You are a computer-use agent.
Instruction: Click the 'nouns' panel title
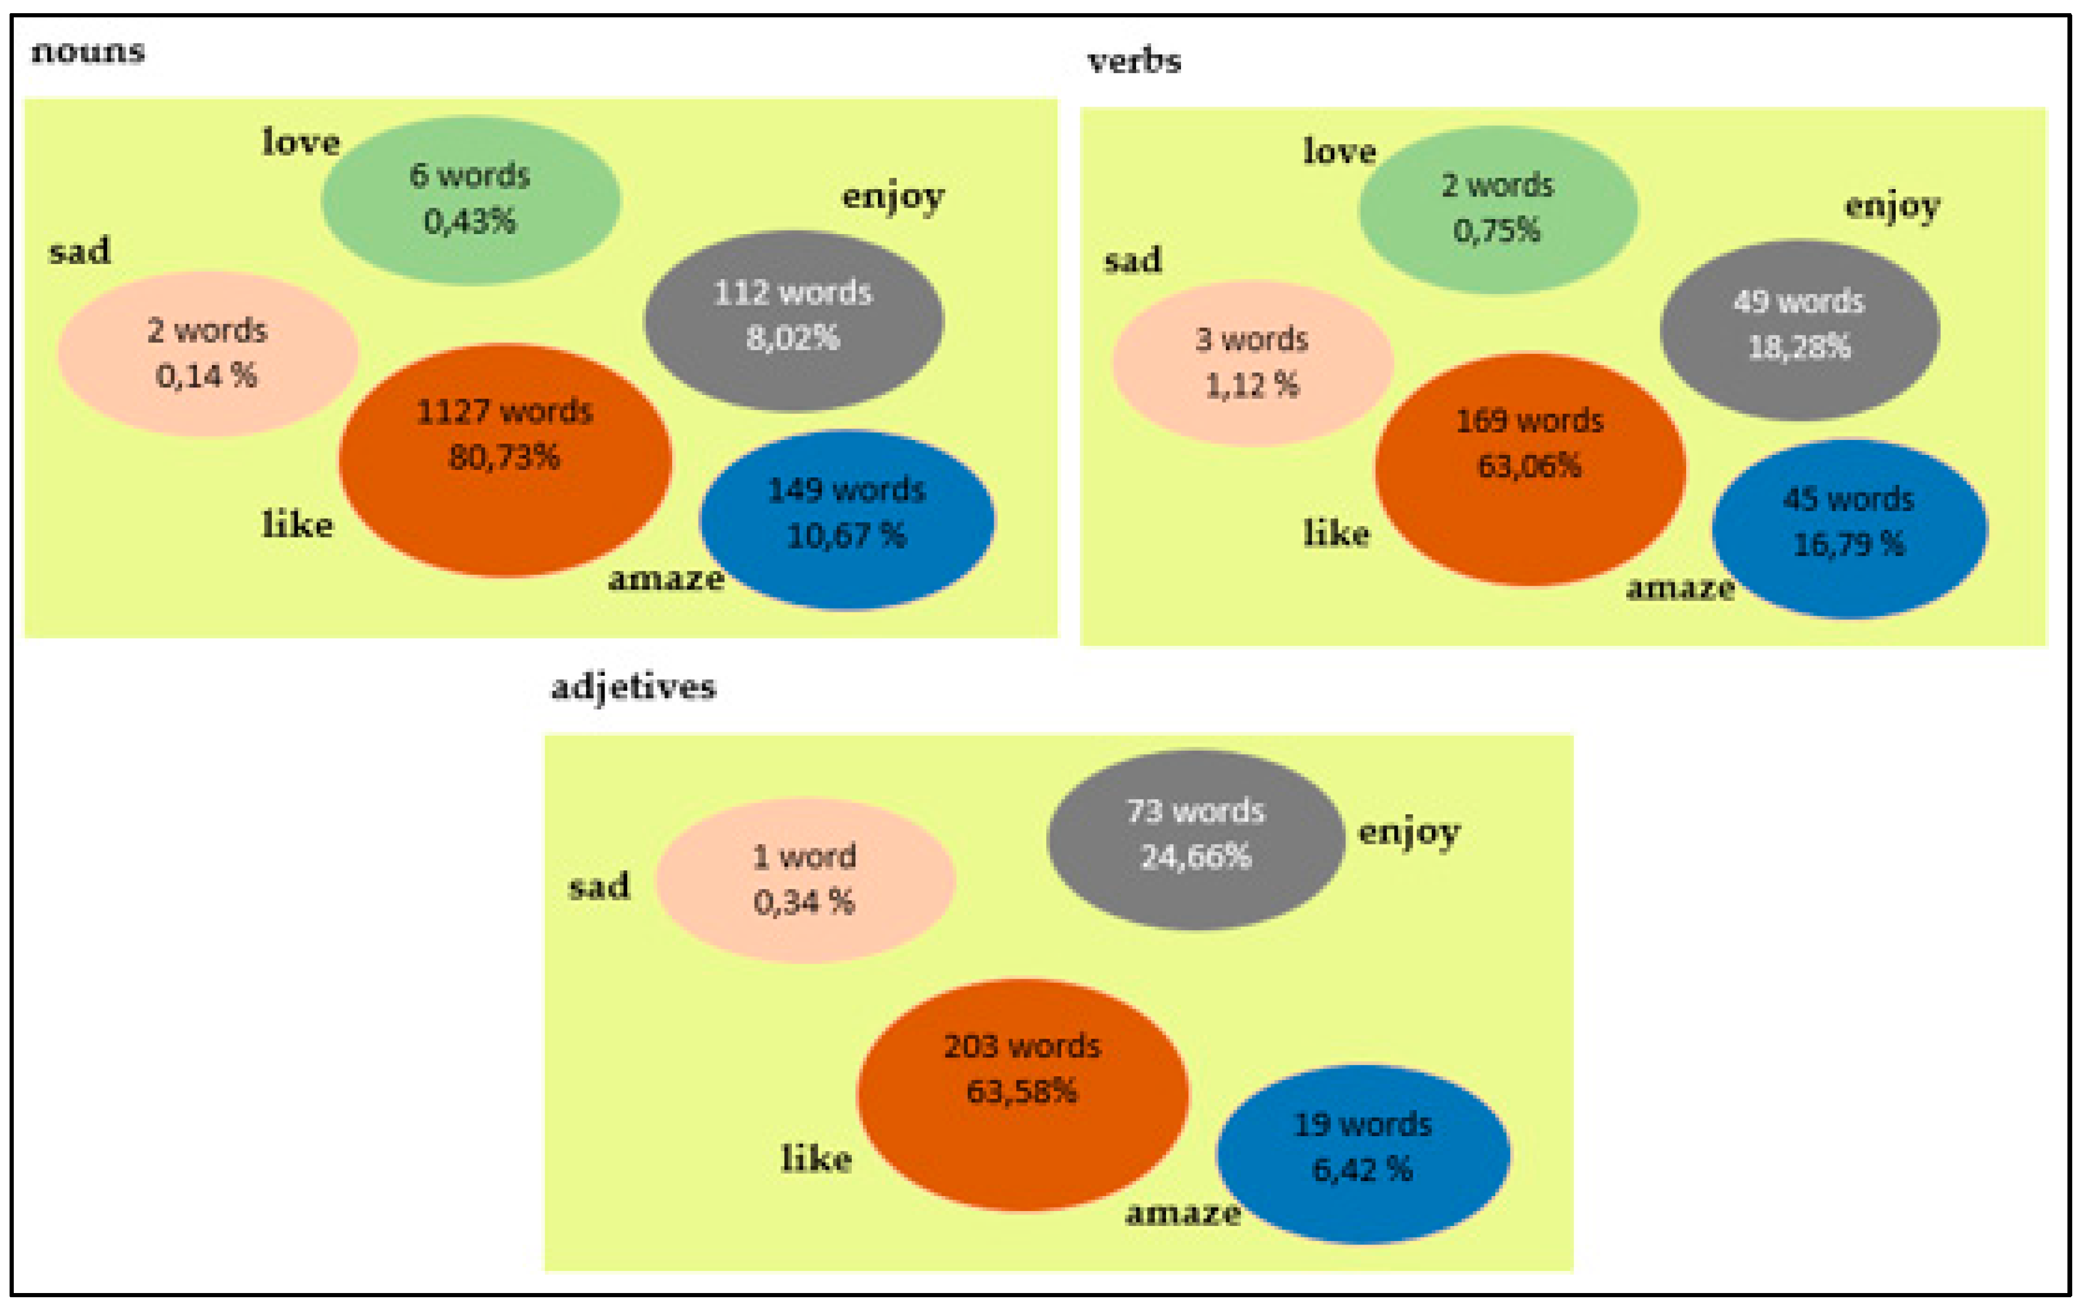coord(88,52)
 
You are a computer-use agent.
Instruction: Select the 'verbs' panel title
coord(1134,61)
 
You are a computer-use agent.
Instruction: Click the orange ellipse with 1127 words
coord(505,460)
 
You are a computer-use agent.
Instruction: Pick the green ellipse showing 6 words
coord(470,200)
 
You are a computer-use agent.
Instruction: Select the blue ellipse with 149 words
coord(846,520)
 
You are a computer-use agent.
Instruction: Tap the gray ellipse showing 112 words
coord(793,320)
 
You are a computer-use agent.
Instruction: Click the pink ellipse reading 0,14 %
coord(207,353)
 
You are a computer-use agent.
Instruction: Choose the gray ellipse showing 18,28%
coord(1799,330)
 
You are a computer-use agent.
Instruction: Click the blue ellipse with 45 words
coord(1849,528)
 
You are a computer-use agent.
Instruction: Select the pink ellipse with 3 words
coord(1252,363)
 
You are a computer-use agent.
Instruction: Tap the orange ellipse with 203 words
coord(1022,1094)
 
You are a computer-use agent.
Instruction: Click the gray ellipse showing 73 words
coord(1195,839)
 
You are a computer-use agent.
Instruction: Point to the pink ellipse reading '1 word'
coord(804,881)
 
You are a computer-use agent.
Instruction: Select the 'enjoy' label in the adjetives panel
coord(1409,833)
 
